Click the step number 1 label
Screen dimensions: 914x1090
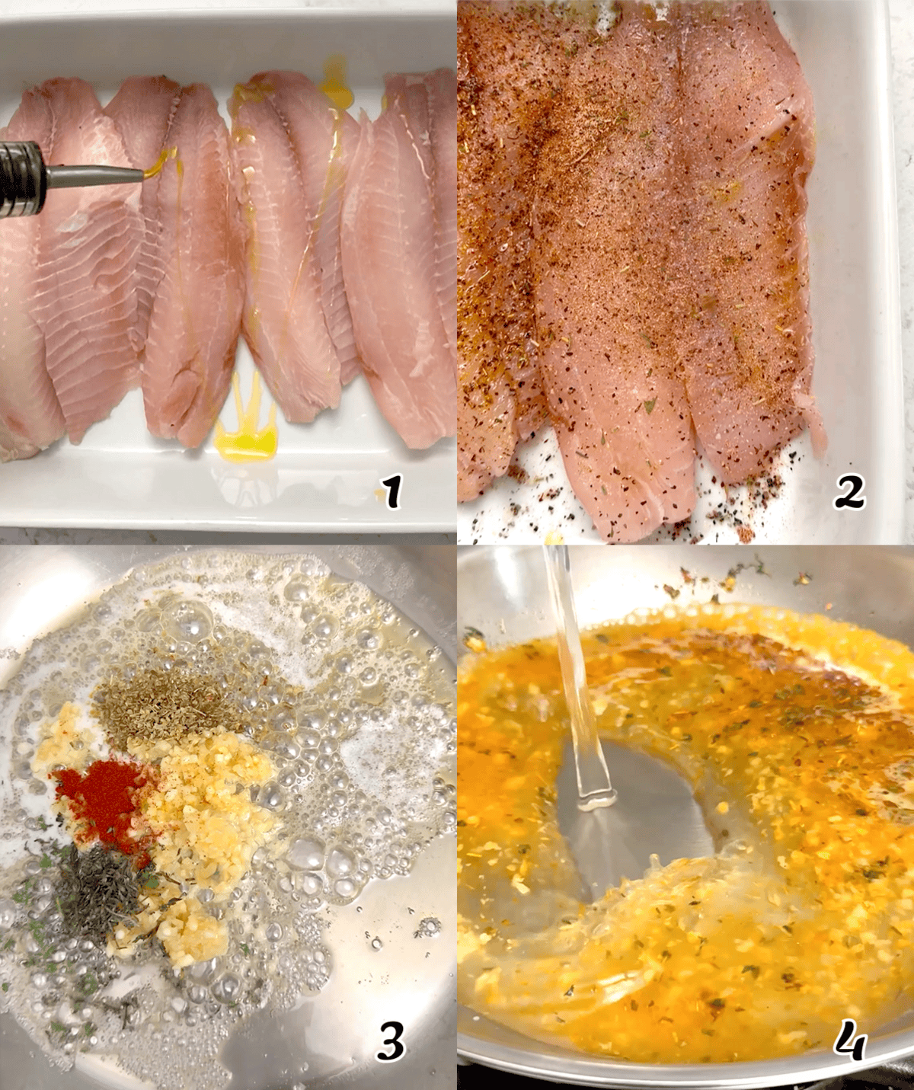click(392, 493)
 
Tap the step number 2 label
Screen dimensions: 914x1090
click(848, 493)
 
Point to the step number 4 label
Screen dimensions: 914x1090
click(848, 1041)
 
